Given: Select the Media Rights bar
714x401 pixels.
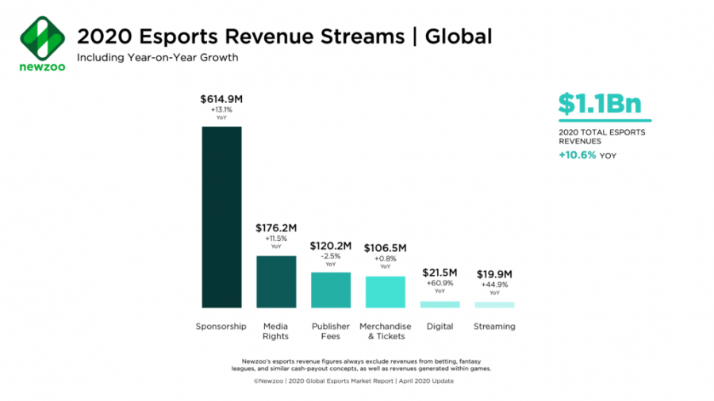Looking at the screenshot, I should tap(276, 281).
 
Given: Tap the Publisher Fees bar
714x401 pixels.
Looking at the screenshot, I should tap(331, 290).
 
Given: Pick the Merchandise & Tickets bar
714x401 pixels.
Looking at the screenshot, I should tap(385, 292).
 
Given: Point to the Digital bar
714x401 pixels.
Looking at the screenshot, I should tap(440, 304).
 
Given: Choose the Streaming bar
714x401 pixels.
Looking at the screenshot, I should tap(494, 304).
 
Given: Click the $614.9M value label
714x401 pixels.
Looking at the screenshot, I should tap(221, 100).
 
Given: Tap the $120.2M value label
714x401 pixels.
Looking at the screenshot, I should tap(331, 246).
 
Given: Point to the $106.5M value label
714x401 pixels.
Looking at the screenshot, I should tap(385, 248).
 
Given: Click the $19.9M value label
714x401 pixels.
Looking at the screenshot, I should tap(494, 275).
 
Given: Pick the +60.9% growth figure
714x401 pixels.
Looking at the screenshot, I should tap(440, 283).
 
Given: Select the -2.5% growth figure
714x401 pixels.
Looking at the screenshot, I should tap(331, 255).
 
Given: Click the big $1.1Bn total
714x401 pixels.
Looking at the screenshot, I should tap(599, 104).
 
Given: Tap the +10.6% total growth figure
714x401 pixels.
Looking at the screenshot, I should tap(577, 155).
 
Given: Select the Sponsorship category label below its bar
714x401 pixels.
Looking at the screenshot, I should tap(221, 327).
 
